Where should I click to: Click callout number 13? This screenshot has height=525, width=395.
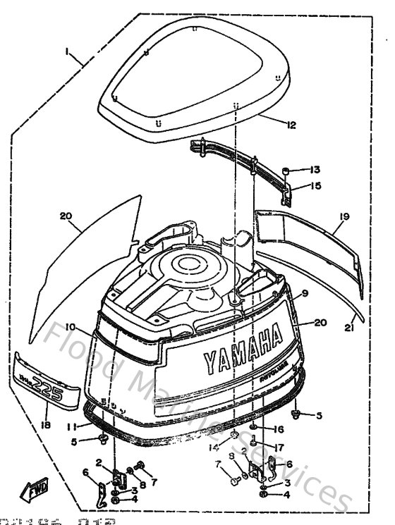(315, 170)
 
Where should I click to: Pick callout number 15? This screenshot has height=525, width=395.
(315, 186)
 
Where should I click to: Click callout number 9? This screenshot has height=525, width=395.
(305, 292)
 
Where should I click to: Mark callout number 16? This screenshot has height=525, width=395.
(279, 428)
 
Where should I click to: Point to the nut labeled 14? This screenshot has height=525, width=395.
(232, 435)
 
